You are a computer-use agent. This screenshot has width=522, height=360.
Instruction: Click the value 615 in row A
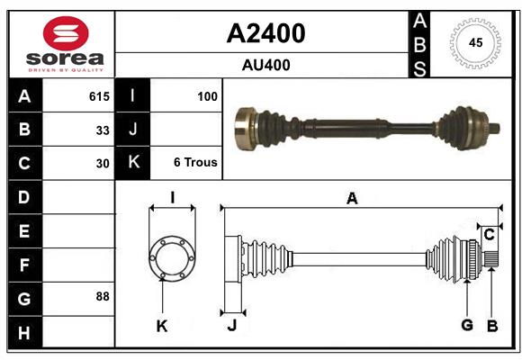(x=99, y=95)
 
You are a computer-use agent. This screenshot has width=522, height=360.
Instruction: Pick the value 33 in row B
(x=103, y=130)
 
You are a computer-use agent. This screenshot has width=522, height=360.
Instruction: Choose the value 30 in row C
(x=103, y=164)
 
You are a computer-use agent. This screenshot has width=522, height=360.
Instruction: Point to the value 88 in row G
(x=103, y=295)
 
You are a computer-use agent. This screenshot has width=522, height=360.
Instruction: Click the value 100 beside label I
(x=207, y=95)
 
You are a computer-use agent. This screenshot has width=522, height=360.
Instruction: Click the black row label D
(x=24, y=196)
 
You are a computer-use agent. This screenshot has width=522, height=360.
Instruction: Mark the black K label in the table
(x=133, y=163)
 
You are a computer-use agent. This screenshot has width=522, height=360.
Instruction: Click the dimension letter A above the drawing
(x=352, y=199)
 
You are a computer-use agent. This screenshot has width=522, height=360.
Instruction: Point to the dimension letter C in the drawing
(x=489, y=235)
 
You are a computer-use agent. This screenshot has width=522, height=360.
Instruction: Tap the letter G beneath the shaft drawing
(x=467, y=326)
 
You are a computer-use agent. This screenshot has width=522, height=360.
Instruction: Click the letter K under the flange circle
(x=162, y=326)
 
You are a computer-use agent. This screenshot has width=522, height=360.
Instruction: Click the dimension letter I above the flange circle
(x=172, y=197)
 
